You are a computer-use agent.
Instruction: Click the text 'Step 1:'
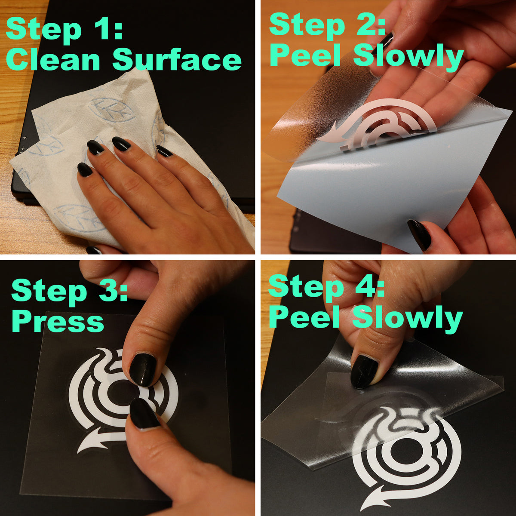click(64, 29)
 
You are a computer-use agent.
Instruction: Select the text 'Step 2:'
click(327, 25)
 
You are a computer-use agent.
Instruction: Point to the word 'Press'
click(58, 321)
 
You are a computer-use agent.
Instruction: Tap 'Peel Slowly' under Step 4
click(365, 318)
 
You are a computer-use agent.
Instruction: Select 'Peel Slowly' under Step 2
click(366, 56)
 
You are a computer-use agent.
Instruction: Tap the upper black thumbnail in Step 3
click(143, 369)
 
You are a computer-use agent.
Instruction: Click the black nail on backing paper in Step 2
click(419, 235)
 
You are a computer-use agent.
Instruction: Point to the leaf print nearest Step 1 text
click(107, 110)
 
